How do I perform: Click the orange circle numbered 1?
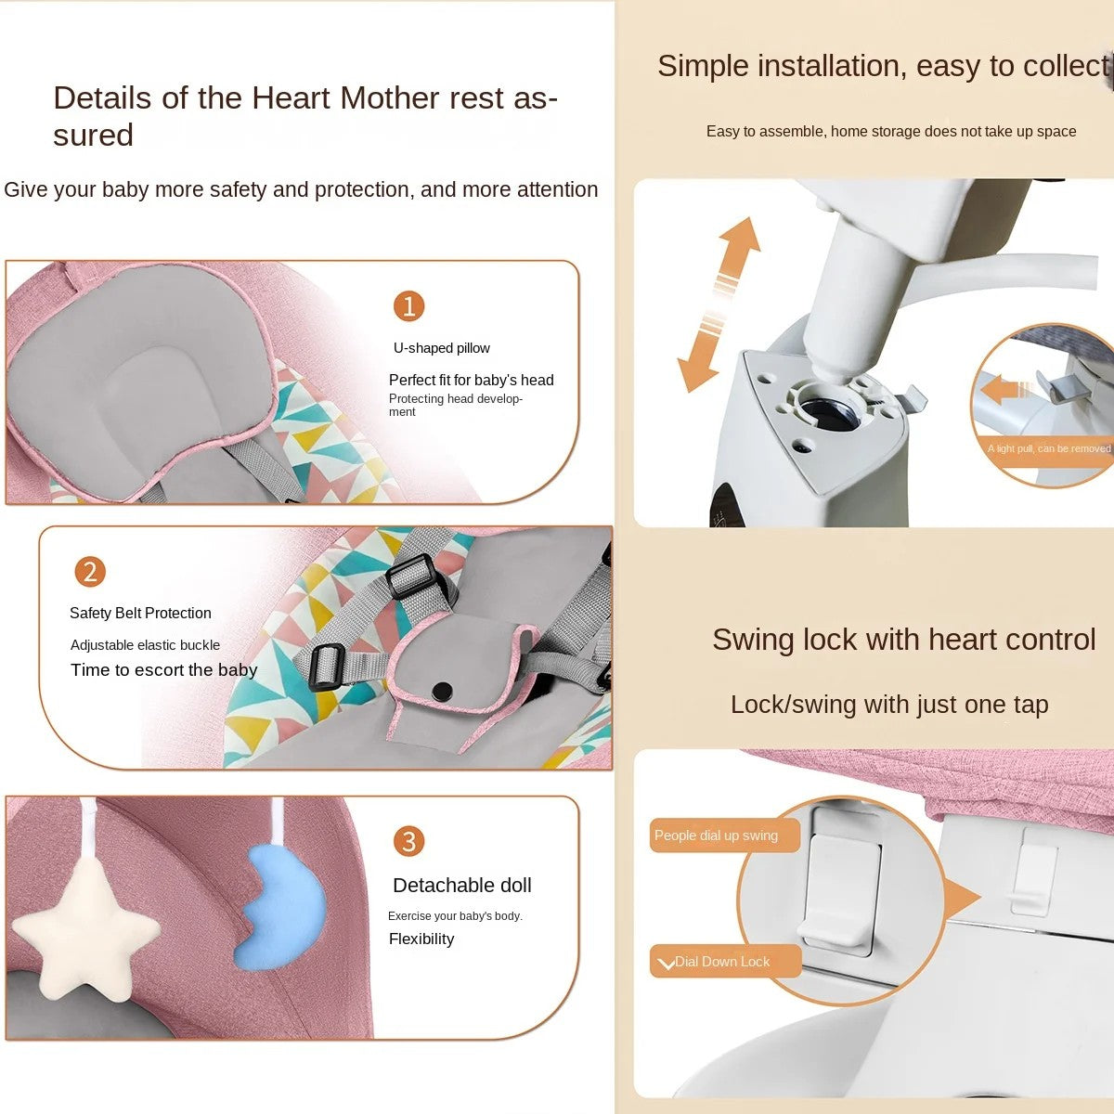click(x=408, y=305)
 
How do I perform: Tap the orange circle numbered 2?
click(x=90, y=572)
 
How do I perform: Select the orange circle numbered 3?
click(x=408, y=841)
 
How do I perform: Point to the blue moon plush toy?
click(x=281, y=908)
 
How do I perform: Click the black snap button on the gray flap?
click(x=442, y=690)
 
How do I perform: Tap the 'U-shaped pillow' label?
click(x=442, y=348)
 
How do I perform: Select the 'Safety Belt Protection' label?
click(x=140, y=613)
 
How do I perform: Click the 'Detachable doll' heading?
click(x=462, y=885)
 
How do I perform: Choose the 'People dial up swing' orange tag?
click(x=724, y=835)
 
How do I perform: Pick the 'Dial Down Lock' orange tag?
click(x=726, y=962)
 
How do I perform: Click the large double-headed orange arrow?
click(x=718, y=304)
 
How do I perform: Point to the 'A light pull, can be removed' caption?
click(x=1049, y=448)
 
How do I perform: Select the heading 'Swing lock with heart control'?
click(x=903, y=640)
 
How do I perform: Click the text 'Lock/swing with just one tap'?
click(x=889, y=705)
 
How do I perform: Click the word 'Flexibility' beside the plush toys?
click(x=421, y=939)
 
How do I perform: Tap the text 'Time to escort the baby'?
click(x=163, y=670)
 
